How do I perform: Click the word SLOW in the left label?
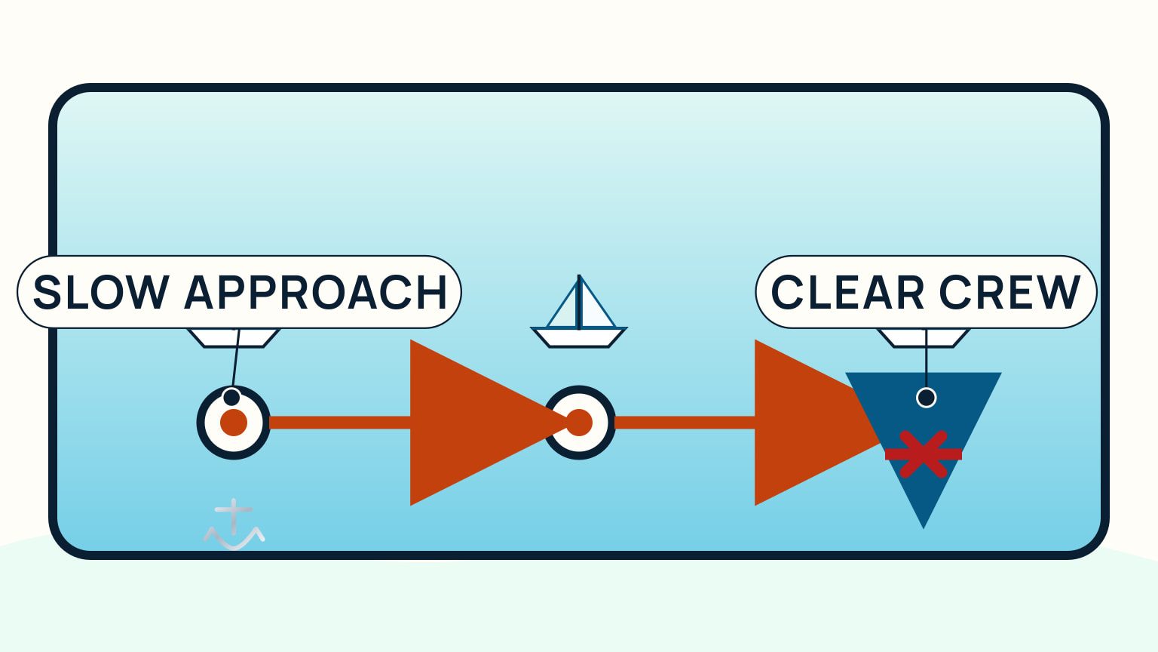point(101,292)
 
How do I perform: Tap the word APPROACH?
point(316,292)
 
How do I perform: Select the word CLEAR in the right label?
point(847,292)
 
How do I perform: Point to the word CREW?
point(1009,292)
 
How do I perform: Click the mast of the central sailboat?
point(579,302)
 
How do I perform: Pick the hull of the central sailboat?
point(579,337)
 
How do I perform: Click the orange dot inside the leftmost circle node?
point(234,423)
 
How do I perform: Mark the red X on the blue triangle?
point(924,454)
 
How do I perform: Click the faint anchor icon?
point(234,524)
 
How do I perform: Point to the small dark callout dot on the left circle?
point(231,397)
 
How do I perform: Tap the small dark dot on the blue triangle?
point(927,398)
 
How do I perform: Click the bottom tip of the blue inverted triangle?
point(924,528)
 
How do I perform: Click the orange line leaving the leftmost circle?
point(340,423)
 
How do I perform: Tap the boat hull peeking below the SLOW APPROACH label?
point(234,338)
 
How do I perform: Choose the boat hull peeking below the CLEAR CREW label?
point(924,338)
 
